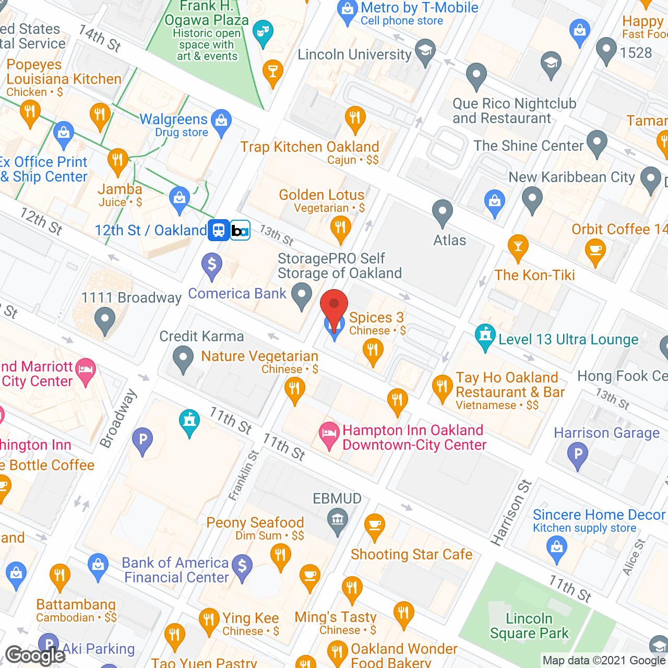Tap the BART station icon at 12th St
click(240, 230)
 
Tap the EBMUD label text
click(337, 498)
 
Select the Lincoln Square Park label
click(529, 626)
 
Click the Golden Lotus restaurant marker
click(340, 228)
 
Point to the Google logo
click(35, 655)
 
